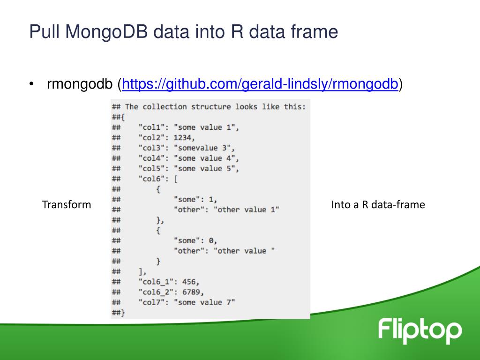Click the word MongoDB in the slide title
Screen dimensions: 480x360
click(108, 32)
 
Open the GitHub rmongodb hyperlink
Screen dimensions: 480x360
click(260, 84)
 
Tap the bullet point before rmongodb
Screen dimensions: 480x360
click(31, 84)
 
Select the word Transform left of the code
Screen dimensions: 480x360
click(67, 204)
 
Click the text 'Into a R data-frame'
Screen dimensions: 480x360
click(378, 204)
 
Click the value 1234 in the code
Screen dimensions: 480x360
click(183, 137)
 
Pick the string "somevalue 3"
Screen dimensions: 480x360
click(204, 148)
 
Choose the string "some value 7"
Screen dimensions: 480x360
click(204, 302)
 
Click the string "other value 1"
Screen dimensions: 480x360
click(247, 210)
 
